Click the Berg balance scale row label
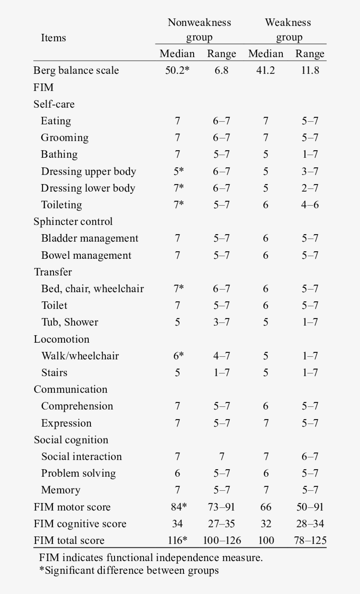click(x=76, y=70)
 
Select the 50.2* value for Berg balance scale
click(x=177, y=70)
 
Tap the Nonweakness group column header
click(x=199, y=30)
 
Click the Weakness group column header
click(x=288, y=30)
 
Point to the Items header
click(x=53, y=38)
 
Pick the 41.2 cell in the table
click(x=266, y=70)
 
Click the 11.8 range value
click(x=310, y=70)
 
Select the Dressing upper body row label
click(x=88, y=171)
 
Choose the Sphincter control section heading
click(x=73, y=221)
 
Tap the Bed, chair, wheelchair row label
click(x=92, y=289)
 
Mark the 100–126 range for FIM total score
click(x=222, y=540)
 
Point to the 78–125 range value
click(x=310, y=540)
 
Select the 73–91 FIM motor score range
click(x=222, y=507)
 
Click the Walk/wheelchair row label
click(x=80, y=356)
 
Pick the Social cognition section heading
click(x=71, y=440)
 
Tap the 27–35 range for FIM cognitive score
click(x=222, y=524)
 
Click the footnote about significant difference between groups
click(x=129, y=571)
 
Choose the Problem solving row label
click(x=78, y=473)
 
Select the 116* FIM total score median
click(x=177, y=540)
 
